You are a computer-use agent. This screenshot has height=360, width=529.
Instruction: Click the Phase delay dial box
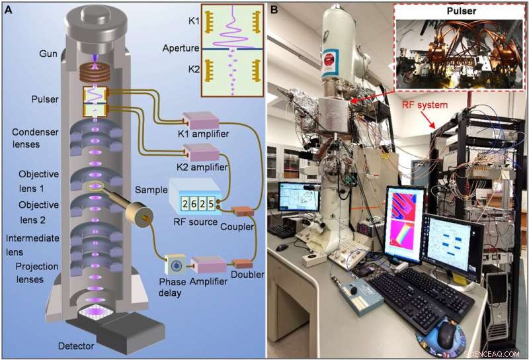(176, 266)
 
